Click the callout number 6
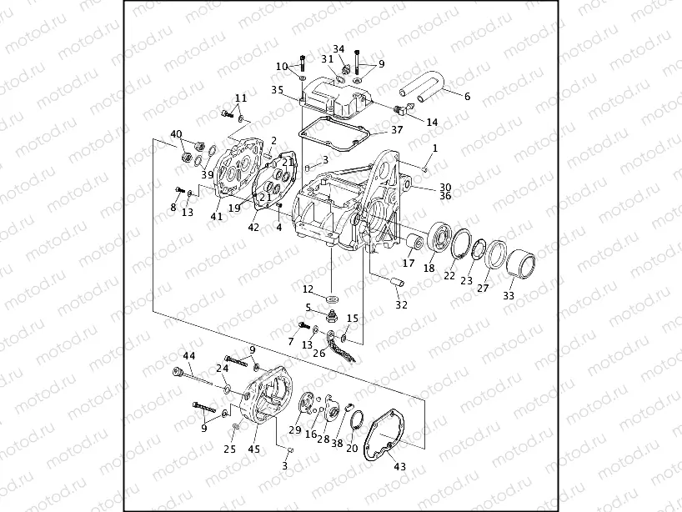coord(467,97)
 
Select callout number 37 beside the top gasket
coord(397,130)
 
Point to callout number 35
coord(277,89)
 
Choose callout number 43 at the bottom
coord(399,467)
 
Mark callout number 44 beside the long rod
coord(189,356)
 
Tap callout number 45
coord(253,449)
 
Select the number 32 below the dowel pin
coord(402,305)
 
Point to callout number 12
coord(308,289)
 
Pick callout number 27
coord(483,288)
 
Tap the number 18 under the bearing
coord(429,269)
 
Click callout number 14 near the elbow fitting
coord(432,122)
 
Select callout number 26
coord(319,353)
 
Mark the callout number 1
coord(434,147)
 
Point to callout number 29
coord(294,430)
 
